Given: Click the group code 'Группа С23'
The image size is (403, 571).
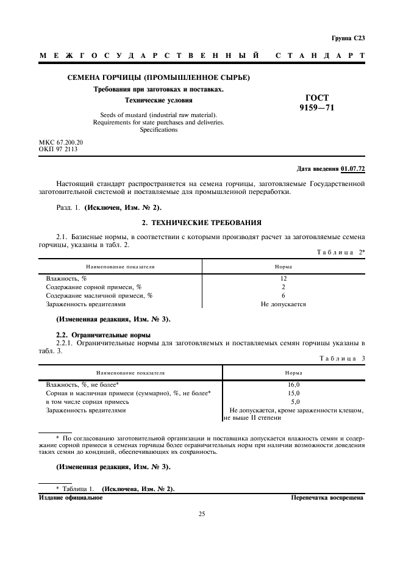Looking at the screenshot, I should [348, 38].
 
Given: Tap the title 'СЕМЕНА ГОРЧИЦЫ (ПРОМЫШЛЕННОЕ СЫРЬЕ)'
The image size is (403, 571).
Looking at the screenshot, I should [159, 77].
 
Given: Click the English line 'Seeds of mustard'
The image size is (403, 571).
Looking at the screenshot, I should [158, 115].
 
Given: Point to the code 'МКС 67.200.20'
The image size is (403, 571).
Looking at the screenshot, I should [61, 142].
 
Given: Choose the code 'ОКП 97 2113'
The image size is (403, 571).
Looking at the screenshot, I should [58, 148].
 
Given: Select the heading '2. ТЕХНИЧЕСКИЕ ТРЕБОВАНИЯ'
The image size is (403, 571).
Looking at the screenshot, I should [201, 223].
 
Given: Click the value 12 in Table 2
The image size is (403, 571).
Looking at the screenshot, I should [284, 278].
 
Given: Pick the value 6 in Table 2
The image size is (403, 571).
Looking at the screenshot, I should [284, 295].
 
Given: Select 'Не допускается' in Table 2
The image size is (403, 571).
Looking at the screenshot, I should [284, 304].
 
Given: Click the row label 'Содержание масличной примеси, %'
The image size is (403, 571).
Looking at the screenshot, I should [99, 295].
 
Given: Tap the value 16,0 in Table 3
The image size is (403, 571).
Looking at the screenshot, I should [293, 385].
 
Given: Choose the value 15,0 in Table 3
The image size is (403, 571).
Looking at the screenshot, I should [293, 393].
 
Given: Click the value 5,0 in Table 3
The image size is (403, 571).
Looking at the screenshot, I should [293, 402].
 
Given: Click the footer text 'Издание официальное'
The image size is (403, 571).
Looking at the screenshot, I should [71, 498].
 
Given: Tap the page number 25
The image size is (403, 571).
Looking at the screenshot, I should [201, 514].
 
